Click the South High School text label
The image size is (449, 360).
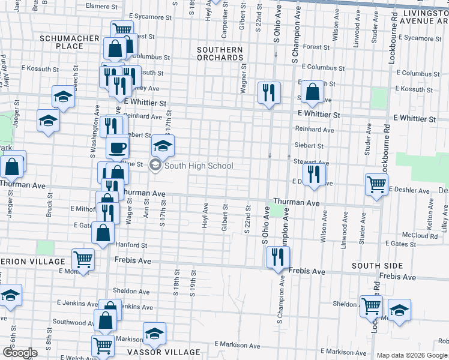(199, 166)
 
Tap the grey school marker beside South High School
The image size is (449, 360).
(155, 166)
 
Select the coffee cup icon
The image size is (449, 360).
(118, 146)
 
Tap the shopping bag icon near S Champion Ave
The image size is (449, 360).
(312, 92)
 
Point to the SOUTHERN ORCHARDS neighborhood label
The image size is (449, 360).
(220, 54)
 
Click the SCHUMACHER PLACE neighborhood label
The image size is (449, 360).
(70, 42)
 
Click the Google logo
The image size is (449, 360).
(20, 353)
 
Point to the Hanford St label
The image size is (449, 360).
(131, 245)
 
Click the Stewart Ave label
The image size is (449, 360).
(311, 162)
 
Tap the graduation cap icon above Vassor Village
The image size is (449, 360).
(154, 333)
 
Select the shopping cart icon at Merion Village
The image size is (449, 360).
(83, 259)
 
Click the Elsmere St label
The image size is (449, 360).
(102, 6)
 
